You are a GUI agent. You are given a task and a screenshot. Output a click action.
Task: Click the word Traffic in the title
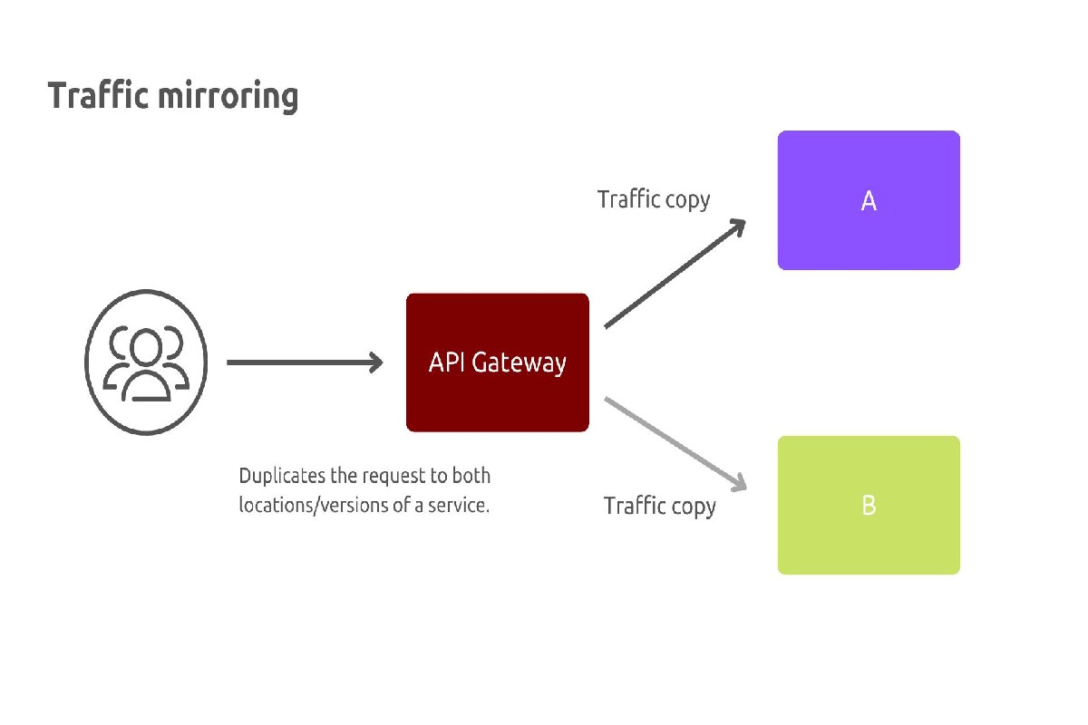click(x=98, y=95)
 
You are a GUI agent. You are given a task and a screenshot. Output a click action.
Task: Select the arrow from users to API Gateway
click(x=299, y=362)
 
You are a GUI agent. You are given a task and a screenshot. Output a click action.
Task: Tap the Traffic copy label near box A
click(x=654, y=199)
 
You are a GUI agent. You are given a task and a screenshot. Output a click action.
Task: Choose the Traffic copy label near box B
click(x=660, y=506)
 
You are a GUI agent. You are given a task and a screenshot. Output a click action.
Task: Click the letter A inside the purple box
click(x=869, y=201)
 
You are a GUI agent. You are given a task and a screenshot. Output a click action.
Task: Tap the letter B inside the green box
click(x=869, y=506)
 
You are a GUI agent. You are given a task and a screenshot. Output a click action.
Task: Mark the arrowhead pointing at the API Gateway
click(x=374, y=362)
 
